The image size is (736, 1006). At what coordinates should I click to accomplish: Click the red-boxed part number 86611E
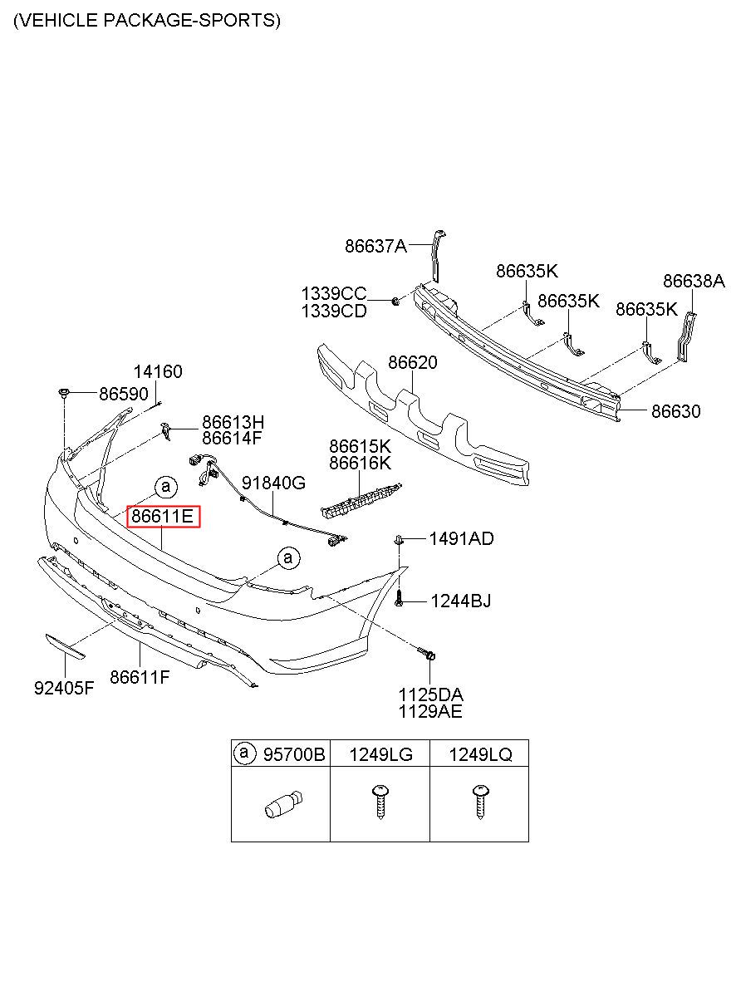[162, 516]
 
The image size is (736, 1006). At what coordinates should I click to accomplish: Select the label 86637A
[375, 246]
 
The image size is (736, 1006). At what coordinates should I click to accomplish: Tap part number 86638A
[694, 281]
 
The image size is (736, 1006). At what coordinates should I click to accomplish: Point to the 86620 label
[412, 362]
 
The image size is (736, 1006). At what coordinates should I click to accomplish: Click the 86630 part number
[676, 411]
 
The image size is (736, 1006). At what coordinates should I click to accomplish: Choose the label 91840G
[273, 483]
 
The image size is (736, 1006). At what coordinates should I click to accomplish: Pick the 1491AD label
[462, 538]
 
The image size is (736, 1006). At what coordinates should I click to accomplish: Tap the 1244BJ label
[461, 601]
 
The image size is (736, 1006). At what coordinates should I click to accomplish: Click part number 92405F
[64, 688]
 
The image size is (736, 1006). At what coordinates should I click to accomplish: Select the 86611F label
[140, 677]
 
